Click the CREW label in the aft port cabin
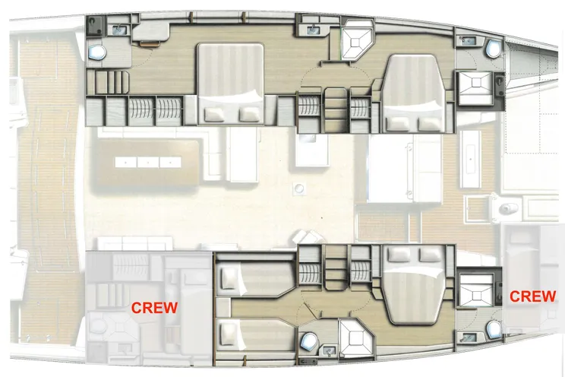pos(155,308)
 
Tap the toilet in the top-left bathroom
pos(96,52)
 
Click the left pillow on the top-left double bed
pos(216,112)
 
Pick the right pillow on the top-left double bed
pos(248,112)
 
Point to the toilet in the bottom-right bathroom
pos(494,328)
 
